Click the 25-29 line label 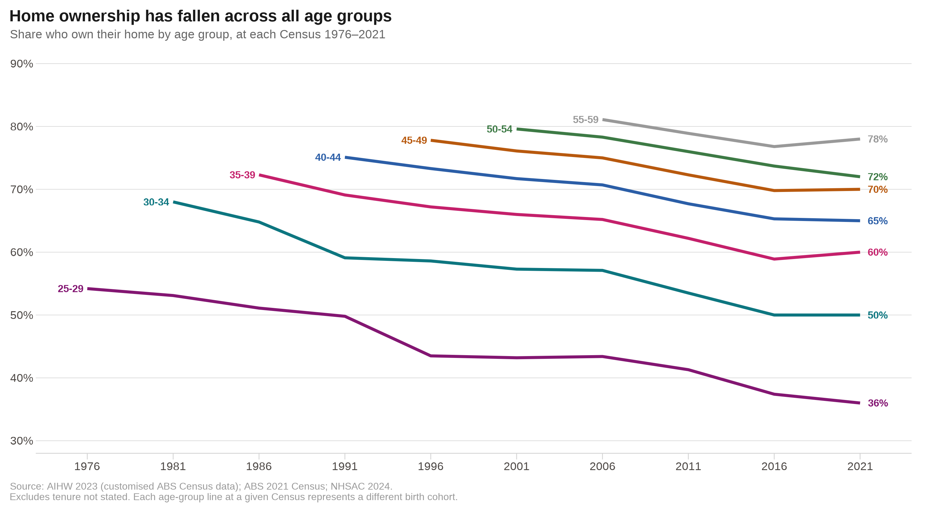[70, 289]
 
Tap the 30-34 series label [156, 202]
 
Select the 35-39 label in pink [242, 175]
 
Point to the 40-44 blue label [328, 157]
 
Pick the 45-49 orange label [414, 140]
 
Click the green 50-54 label [499, 129]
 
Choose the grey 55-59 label [586, 120]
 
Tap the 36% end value [877, 403]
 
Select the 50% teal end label [877, 315]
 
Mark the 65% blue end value [877, 221]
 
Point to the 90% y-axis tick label [22, 64]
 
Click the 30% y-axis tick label [22, 441]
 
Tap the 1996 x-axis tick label [430, 466]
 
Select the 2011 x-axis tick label [688, 466]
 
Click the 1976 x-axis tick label [87, 466]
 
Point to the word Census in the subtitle [300, 35]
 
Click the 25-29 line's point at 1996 [431, 356]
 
